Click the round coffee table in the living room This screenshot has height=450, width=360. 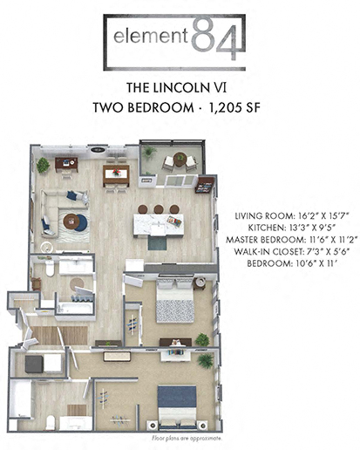coord(76,222)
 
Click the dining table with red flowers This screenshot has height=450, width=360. coord(115,174)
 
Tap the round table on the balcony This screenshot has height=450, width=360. coord(180,160)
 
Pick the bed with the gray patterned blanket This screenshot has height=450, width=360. coord(174,306)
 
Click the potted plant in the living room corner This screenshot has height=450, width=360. coord(43,164)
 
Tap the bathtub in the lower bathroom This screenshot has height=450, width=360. coord(76,307)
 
